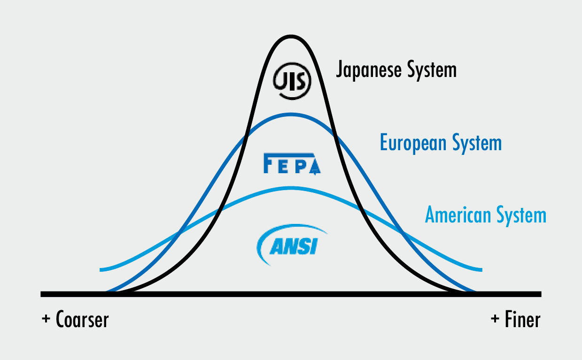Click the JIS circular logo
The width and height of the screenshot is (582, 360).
(x=292, y=80)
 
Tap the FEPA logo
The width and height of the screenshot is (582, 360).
(x=292, y=163)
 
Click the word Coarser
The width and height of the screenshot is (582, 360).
(x=82, y=320)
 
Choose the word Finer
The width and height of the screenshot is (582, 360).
(x=523, y=320)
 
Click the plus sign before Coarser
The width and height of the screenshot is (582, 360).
(x=46, y=320)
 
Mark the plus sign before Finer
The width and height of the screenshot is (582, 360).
(x=495, y=320)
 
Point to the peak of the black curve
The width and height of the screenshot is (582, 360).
(x=291, y=37)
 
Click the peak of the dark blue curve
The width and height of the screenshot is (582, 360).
(x=291, y=115)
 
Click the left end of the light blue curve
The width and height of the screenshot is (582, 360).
(x=101, y=269)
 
